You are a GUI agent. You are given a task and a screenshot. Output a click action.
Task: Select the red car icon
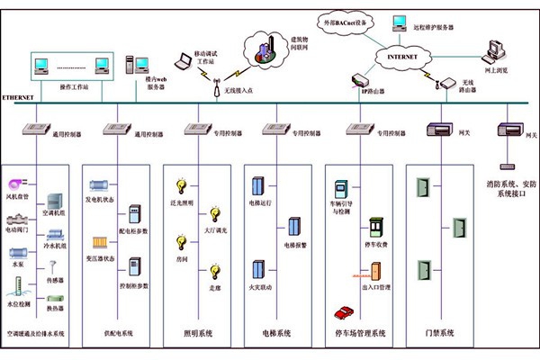pos(343,311)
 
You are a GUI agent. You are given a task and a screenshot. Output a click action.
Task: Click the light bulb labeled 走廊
pos(214,272)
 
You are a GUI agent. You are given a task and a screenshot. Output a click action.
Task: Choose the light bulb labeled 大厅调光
pos(214,213)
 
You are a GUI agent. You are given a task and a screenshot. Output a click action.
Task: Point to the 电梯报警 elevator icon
pos(293,228)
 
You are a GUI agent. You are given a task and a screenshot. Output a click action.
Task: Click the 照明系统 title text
pos(199,334)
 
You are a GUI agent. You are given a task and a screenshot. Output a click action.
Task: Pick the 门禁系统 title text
pos(440,334)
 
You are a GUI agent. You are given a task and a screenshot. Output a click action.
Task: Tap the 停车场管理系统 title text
pos(358,334)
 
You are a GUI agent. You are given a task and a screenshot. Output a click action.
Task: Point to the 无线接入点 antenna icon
pos(216,87)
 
